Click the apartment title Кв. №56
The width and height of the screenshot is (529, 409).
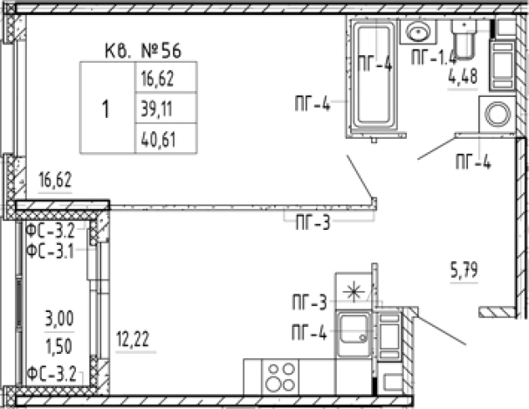click(143, 51)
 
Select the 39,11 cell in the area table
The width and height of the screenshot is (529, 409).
click(166, 108)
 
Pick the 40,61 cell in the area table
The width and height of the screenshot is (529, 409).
click(166, 138)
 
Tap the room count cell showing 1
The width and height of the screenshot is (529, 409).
click(106, 108)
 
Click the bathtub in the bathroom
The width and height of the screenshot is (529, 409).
click(374, 76)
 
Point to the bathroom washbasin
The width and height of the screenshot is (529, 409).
click(418, 32)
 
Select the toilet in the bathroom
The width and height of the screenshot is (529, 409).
click(465, 38)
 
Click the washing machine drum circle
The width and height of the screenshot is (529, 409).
click(498, 114)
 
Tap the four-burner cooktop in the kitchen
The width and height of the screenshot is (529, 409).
click(279, 378)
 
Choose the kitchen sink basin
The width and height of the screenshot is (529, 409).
click(354, 329)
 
